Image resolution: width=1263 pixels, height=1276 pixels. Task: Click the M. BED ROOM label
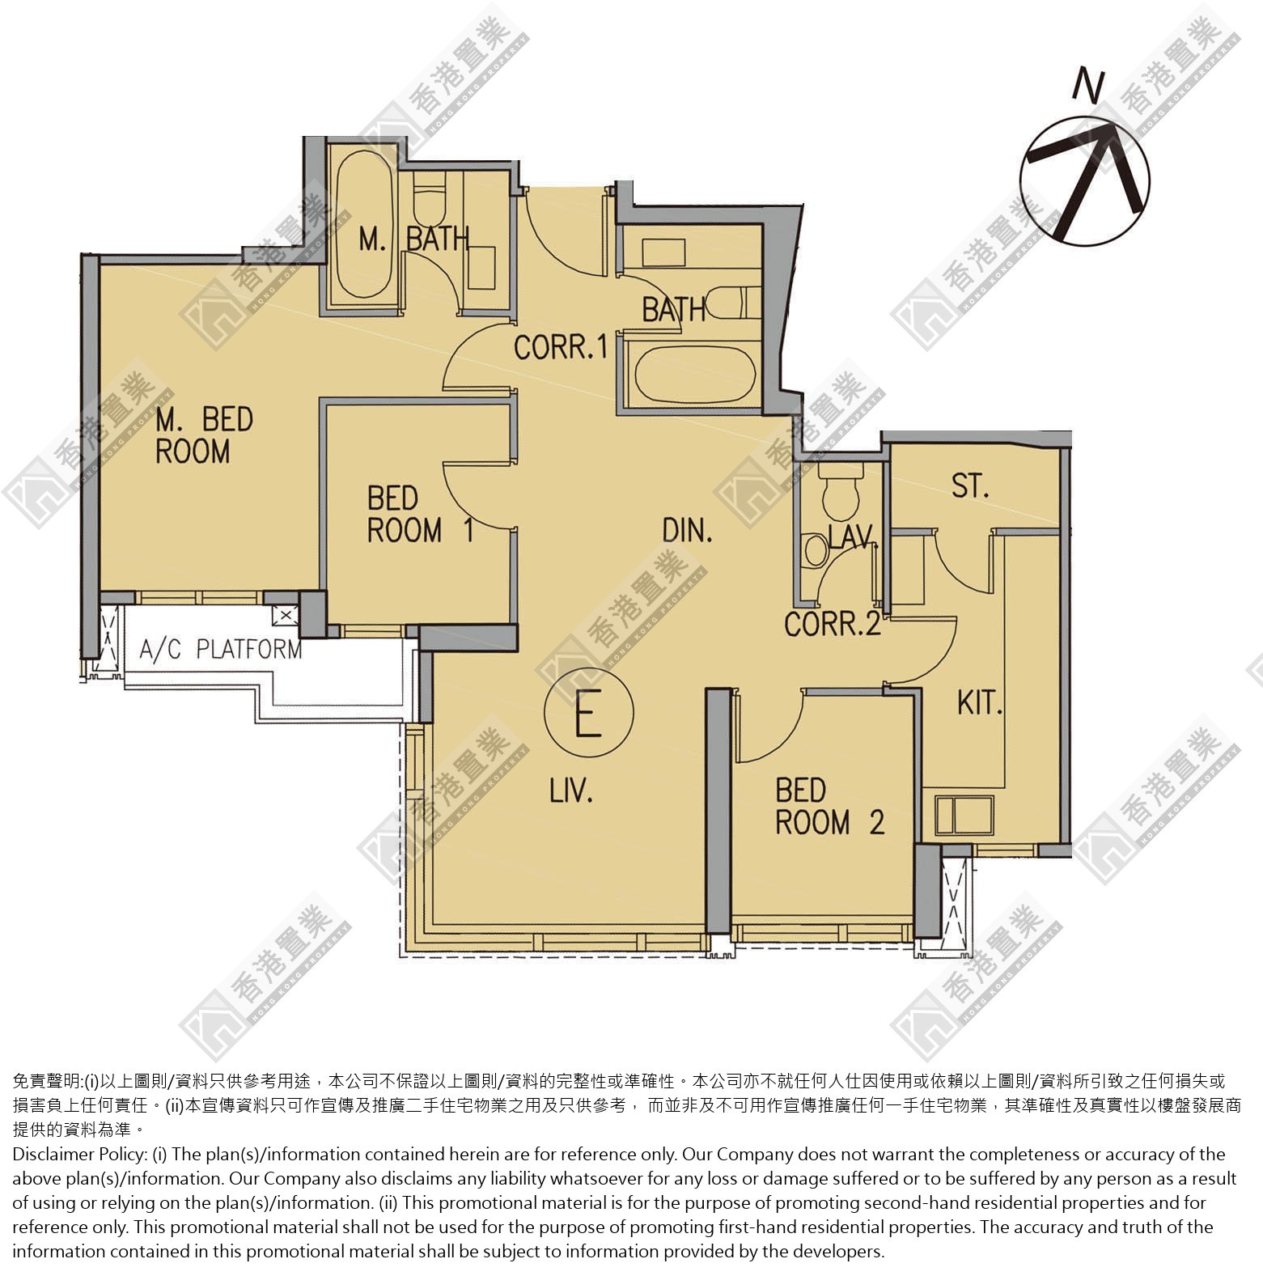(204, 435)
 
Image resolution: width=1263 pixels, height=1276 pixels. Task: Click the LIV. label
(571, 791)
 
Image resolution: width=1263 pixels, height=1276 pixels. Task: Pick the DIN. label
(687, 530)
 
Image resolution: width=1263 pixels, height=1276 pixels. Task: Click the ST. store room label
(970, 485)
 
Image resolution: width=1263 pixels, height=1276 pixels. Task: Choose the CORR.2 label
(833, 624)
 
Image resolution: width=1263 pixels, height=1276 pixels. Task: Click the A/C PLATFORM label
(220, 649)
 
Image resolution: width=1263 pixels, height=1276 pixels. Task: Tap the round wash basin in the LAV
(816, 549)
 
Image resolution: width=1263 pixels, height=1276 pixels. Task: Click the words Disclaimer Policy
(78, 1155)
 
